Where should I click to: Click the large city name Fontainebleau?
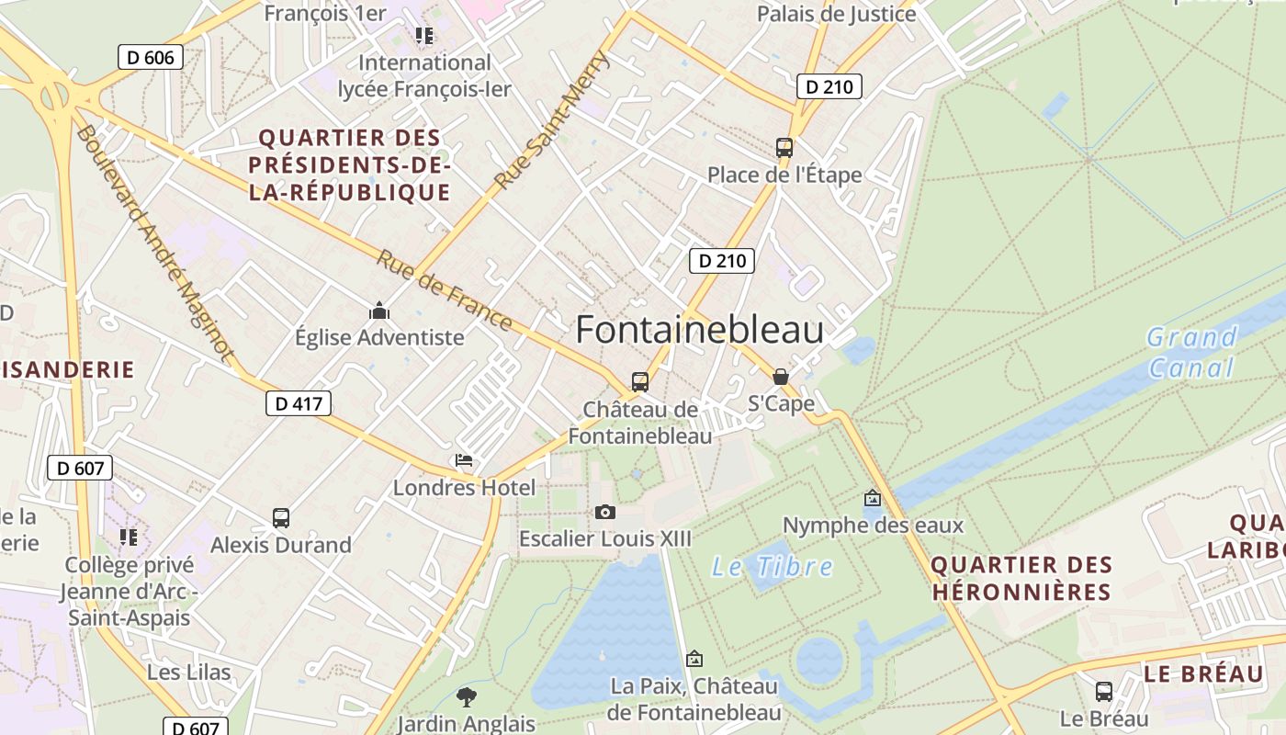click(x=699, y=331)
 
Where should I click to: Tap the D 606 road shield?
click(x=151, y=57)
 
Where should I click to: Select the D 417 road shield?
click(x=299, y=402)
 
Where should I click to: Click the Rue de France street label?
click(x=444, y=289)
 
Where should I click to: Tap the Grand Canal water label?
click(x=1192, y=353)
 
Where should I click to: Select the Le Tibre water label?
click(x=773, y=567)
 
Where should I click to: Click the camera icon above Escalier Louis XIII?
click(x=605, y=512)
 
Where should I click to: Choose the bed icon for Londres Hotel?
click(x=464, y=460)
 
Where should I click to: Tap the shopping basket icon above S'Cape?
click(x=781, y=377)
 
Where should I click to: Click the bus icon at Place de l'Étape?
click(x=784, y=147)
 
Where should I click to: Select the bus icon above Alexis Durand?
click(x=281, y=518)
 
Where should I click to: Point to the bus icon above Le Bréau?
click(x=1104, y=691)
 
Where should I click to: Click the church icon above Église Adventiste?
click(x=379, y=311)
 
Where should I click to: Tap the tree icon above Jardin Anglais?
click(x=467, y=696)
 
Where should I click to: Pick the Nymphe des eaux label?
click(x=873, y=526)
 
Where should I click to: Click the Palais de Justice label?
click(x=836, y=14)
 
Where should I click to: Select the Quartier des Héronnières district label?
click(x=1021, y=578)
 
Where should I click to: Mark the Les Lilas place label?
click(x=189, y=673)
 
